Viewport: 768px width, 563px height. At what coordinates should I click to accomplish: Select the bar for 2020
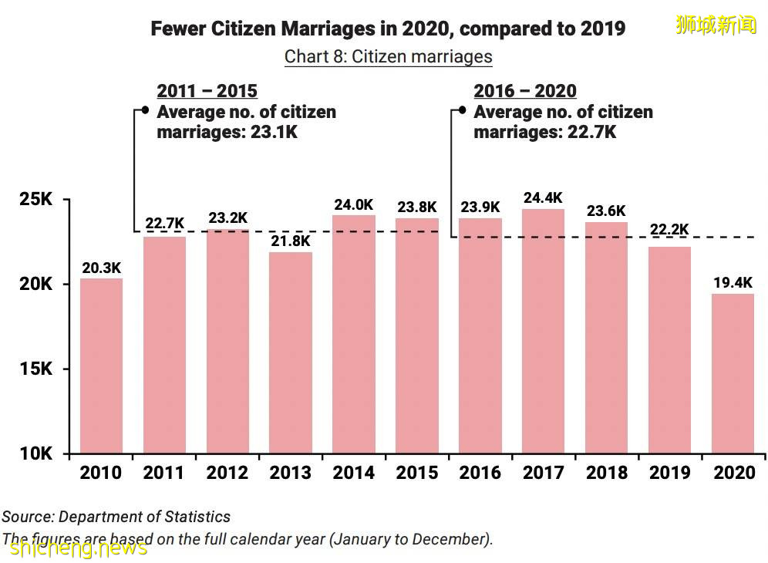733,373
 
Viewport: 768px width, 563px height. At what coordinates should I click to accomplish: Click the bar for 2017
543,331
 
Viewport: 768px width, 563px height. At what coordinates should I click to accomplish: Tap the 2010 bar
101,366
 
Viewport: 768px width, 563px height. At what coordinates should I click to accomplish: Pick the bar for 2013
291,352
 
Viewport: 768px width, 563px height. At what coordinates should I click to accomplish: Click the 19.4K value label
733,283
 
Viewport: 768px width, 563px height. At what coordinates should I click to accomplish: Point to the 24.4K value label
543,198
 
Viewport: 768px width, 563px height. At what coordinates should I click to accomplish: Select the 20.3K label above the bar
101,268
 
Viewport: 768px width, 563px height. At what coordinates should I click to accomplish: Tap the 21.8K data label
291,241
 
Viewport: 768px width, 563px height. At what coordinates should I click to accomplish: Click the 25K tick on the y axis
35,200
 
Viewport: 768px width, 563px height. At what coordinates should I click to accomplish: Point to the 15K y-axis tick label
35,369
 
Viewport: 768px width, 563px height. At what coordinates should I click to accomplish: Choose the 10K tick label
35,453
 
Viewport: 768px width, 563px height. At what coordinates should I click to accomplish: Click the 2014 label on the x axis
354,473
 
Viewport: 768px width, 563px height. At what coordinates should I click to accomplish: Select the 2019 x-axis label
669,473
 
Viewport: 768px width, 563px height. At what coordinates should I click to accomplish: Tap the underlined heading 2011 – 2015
207,91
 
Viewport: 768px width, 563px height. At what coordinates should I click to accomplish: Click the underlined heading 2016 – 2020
524,91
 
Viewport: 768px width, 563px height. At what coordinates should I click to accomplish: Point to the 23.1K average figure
274,132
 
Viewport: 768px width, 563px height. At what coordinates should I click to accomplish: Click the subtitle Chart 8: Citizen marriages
388,56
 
